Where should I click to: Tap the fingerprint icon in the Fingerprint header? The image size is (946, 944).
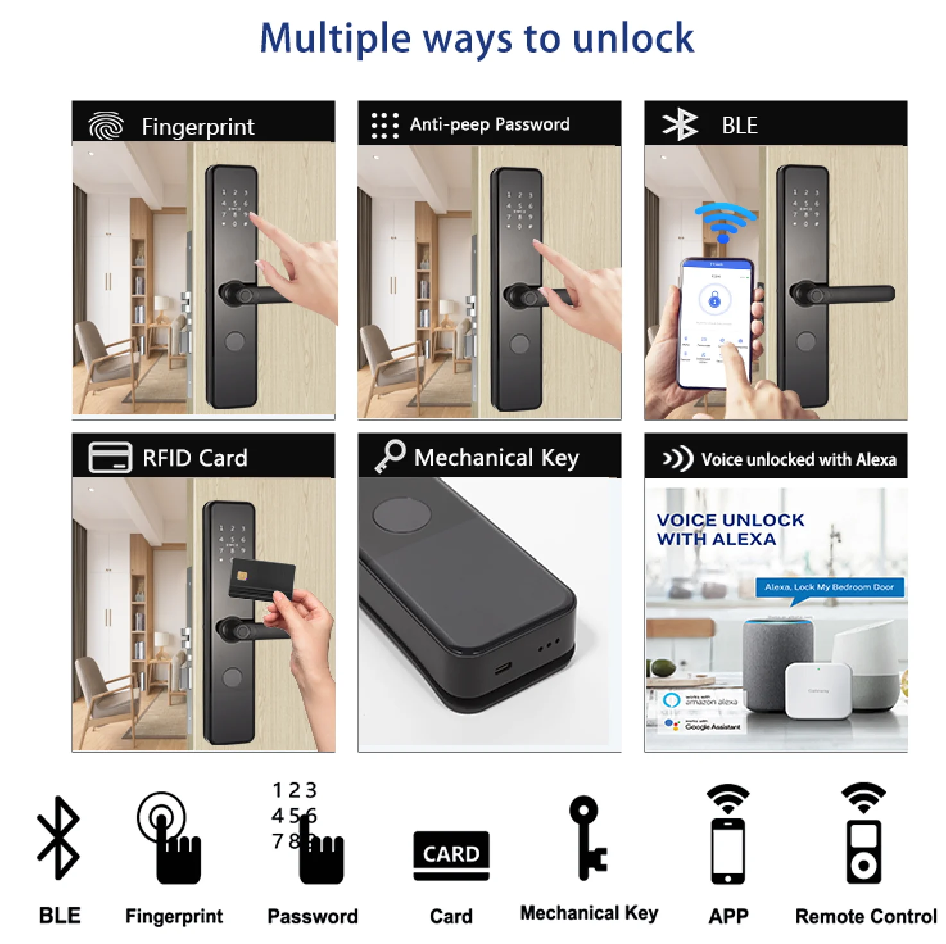106,126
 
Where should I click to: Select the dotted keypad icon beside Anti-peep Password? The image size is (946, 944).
384,125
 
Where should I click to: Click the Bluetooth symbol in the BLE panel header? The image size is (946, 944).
680,124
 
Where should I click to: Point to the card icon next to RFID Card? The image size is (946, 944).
110,457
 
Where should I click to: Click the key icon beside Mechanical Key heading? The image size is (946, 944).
390,456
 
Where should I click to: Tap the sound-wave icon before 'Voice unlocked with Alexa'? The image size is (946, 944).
678,459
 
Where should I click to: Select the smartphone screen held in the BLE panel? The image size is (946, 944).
715,324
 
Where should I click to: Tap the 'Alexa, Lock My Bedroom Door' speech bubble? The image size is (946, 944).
829,587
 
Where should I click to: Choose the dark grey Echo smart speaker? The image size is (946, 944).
777,663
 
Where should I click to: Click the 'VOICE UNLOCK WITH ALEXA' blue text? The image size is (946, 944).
730,529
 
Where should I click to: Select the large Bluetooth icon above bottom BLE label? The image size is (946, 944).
58,837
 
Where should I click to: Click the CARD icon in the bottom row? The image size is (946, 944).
451,854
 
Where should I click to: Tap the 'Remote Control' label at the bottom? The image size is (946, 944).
866,916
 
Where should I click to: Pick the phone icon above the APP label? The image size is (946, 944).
728,850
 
